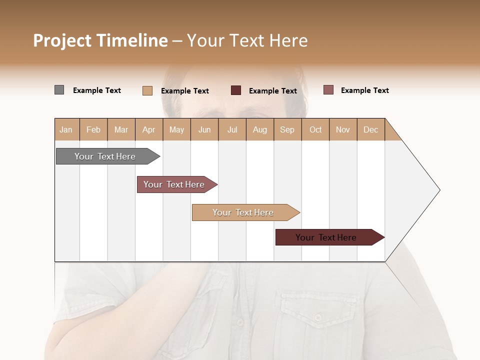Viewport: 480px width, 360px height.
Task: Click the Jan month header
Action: coord(66,129)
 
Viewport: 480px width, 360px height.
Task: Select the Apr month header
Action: coord(149,129)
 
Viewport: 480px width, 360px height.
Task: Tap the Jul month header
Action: coord(232,129)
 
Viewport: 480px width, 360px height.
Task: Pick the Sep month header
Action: coord(287,129)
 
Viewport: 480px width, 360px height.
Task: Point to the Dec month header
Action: coord(370,129)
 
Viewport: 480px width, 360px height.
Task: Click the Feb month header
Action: coord(93,129)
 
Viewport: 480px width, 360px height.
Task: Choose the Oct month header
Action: coord(315,129)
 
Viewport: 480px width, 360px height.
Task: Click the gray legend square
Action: coord(59,90)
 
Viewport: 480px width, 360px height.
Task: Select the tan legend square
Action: coord(147,90)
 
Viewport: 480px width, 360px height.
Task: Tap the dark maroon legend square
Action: coord(236,90)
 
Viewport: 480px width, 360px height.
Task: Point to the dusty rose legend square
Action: coord(328,90)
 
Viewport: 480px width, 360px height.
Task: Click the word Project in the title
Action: coord(62,40)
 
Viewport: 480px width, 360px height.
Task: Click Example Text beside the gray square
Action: coord(97,90)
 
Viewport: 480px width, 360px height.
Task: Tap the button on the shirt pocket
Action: coord(318,317)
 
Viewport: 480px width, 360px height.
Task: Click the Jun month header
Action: coord(204,129)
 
